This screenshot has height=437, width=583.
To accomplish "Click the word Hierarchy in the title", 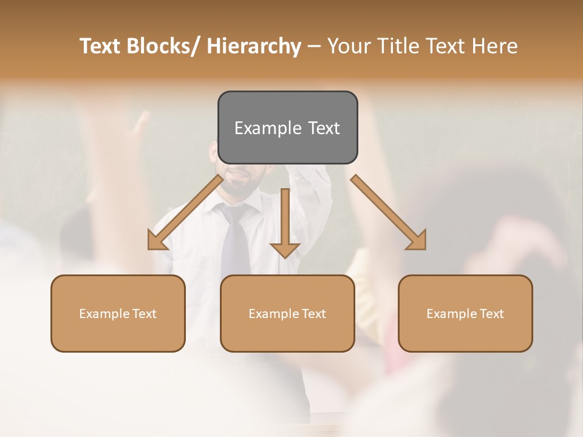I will coord(254,46).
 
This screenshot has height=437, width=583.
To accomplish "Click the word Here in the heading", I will coord(493,46).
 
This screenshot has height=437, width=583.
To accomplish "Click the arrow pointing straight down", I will coord(285,225).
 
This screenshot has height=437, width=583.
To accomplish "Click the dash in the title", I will coord(314,47).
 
